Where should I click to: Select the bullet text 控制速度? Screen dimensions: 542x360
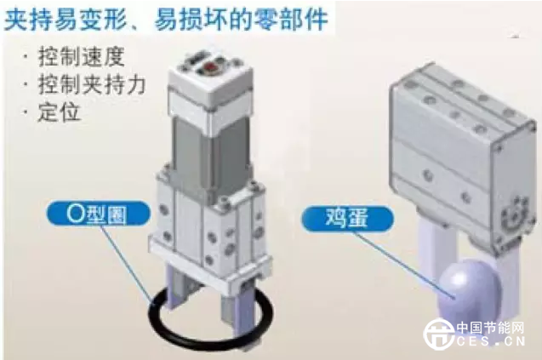(81, 57)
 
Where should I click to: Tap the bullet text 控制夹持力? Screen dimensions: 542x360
(92, 84)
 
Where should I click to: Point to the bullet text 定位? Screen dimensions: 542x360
(59, 111)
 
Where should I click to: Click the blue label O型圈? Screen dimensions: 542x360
(99, 214)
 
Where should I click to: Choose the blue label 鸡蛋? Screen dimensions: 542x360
(347, 218)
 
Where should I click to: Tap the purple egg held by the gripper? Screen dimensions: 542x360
(469, 292)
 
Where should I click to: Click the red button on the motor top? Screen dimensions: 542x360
(210, 66)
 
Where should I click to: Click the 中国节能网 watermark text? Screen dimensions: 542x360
(490, 328)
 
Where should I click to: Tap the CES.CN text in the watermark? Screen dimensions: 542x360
(491, 340)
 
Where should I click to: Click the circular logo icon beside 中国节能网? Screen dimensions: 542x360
(439, 334)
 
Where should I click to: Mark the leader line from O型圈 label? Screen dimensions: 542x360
(127, 264)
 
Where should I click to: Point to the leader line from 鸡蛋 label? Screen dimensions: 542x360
(403, 264)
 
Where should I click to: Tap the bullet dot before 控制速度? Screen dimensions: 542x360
(26, 56)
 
